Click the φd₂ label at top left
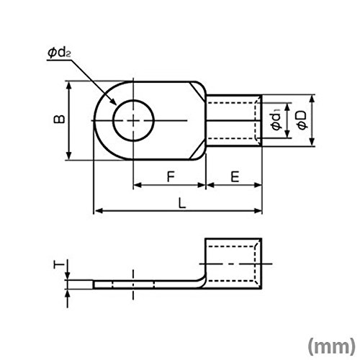(59, 53)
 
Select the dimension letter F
(171, 177)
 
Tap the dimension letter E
(235, 177)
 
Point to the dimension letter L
(182, 203)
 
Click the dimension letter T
(59, 265)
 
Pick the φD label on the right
(302, 120)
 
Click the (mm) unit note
(331, 346)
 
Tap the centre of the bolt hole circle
(133, 120)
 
